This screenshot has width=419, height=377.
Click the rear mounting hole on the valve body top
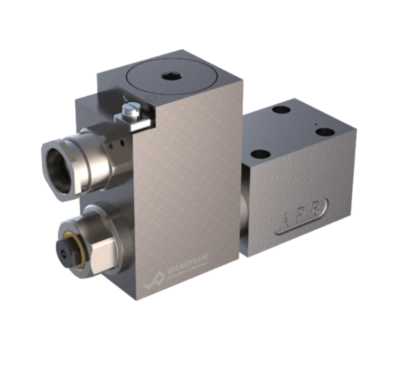point(281,110)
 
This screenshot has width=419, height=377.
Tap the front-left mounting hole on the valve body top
point(261,154)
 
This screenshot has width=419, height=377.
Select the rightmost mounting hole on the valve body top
point(324,131)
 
